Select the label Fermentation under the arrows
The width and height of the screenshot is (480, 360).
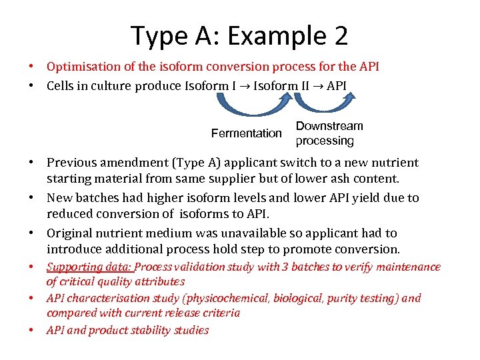tap(246, 133)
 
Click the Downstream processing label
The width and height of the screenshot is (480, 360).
tap(329, 133)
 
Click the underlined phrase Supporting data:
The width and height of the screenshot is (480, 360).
tap(90, 267)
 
